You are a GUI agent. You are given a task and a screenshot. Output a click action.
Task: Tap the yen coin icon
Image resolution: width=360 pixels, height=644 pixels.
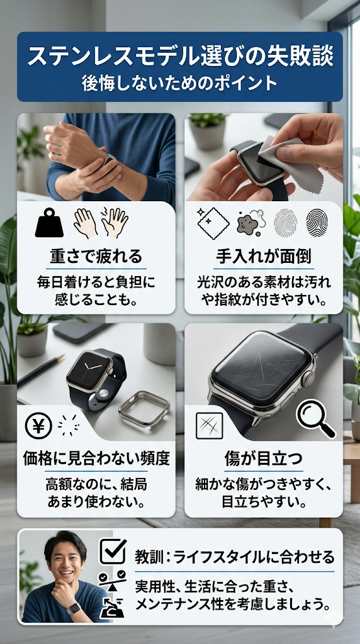coord(38,426)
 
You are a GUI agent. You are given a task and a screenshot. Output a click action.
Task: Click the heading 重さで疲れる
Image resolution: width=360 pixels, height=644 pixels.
coord(96,257)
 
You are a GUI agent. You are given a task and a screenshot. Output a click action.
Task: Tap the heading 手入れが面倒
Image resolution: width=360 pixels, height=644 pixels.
coord(264,257)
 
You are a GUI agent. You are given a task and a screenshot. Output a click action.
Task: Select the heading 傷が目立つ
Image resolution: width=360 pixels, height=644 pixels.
coord(264,458)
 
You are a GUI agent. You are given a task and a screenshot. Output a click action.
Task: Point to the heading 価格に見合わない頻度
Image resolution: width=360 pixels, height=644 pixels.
coord(96,458)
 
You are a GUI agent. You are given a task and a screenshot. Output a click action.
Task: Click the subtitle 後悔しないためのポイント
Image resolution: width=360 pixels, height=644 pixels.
coord(179,84)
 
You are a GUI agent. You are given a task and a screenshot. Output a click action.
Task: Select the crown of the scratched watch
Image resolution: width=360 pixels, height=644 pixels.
coord(308,378)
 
